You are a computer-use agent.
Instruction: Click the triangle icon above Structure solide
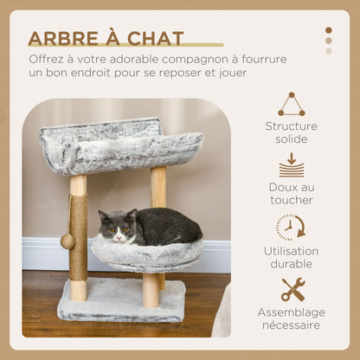click(291, 104)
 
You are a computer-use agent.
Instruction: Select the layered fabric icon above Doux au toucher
click(291, 164)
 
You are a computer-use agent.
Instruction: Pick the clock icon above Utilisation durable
click(290, 227)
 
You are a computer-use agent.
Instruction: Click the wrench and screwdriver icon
click(292, 289)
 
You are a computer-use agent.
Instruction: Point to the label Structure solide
click(291, 132)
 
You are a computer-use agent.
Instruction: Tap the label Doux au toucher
click(291, 193)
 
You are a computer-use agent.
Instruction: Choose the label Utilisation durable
click(291, 257)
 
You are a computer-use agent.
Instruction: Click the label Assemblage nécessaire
click(291, 318)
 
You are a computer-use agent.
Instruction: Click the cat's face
click(117, 227)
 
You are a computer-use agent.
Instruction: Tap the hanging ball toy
click(67, 241)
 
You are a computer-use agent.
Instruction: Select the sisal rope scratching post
click(79, 234)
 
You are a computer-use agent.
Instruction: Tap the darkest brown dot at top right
click(328, 30)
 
